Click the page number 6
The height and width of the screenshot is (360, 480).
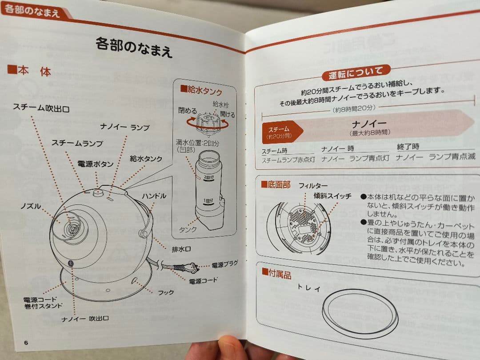pos(26,342)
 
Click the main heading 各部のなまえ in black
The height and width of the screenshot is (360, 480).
pos(134,47)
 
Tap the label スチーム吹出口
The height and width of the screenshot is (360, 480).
pos(41,108)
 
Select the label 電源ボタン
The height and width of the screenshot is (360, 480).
pos(93,164)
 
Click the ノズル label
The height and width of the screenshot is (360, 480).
pos(31,206)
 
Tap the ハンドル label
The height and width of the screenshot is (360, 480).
pos(154,196)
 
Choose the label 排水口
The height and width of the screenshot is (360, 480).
pos(181,249)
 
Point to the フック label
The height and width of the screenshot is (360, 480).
pos(166,292)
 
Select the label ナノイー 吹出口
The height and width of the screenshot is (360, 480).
pos(85,318)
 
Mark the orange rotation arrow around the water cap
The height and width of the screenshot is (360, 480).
pos(208,126)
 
